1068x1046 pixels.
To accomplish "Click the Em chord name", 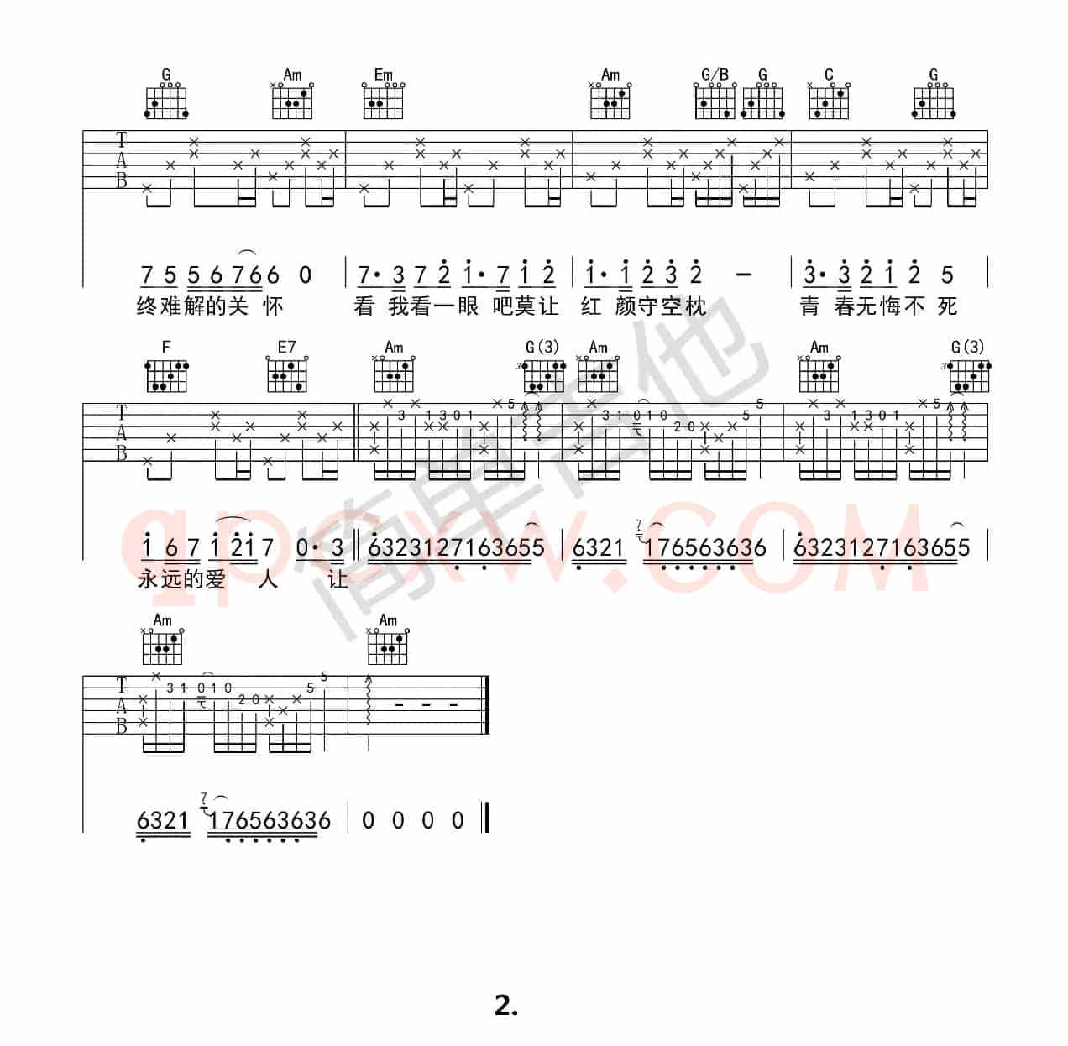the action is tap(383, 74).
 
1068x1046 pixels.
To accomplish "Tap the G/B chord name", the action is tap(715, 74).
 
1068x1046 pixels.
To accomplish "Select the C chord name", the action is tap(829, 74).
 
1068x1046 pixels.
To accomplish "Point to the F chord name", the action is tap(165, 347).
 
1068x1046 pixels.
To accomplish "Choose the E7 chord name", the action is tap(286, 347).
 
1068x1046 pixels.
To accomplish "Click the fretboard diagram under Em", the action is tap(383, 101).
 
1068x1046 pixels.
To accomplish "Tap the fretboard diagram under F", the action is tap(166, 376).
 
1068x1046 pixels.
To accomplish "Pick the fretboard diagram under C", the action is tap(829, 101).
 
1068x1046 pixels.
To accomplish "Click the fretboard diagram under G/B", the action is tap(715, 101).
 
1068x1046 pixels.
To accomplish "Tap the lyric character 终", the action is tap(147, 306).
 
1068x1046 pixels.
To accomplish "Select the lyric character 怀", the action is tap(273, 306).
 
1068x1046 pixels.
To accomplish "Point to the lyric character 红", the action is tap(591, 306).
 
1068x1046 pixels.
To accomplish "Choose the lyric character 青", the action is tap(809, 306).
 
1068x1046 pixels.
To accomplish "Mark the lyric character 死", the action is tap(948, 306).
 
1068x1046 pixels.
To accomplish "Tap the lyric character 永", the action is tap(148, 579).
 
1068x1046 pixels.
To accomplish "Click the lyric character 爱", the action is tap(216, 579).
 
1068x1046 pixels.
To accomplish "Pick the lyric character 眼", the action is tap(468, 306).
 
